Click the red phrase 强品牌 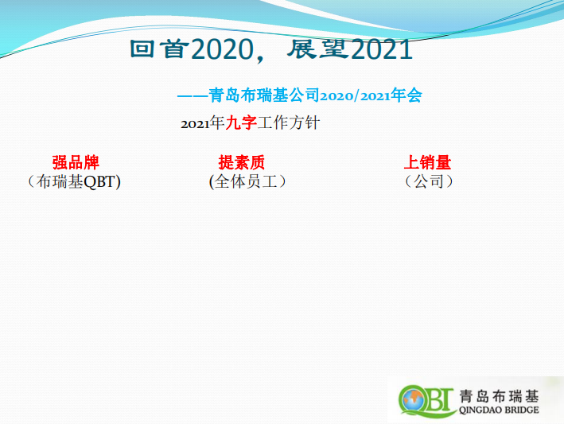click(x=76, y=162)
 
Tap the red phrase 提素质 click(x=242, y=162)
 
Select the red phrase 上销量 click(x=427, y=162)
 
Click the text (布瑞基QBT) click(x=74, y=181)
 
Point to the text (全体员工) click(x=248, y=181)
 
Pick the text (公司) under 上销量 click(x=429, y=181)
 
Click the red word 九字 click(x=241, y=123)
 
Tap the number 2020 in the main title click(x=223, y=49)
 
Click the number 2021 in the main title click(x=381, y=49)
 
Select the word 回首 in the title click(x=159, y=49)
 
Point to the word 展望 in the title click(x=318, y=49)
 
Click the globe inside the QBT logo click(x=414, y=399)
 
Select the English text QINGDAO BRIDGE click(x=499, y=410)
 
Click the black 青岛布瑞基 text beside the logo click(x=499, y=396)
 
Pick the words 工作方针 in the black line click(x=289, y=123)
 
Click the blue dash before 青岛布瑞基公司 click(x=193, y=96)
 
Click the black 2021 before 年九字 click(x=195, y=124)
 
